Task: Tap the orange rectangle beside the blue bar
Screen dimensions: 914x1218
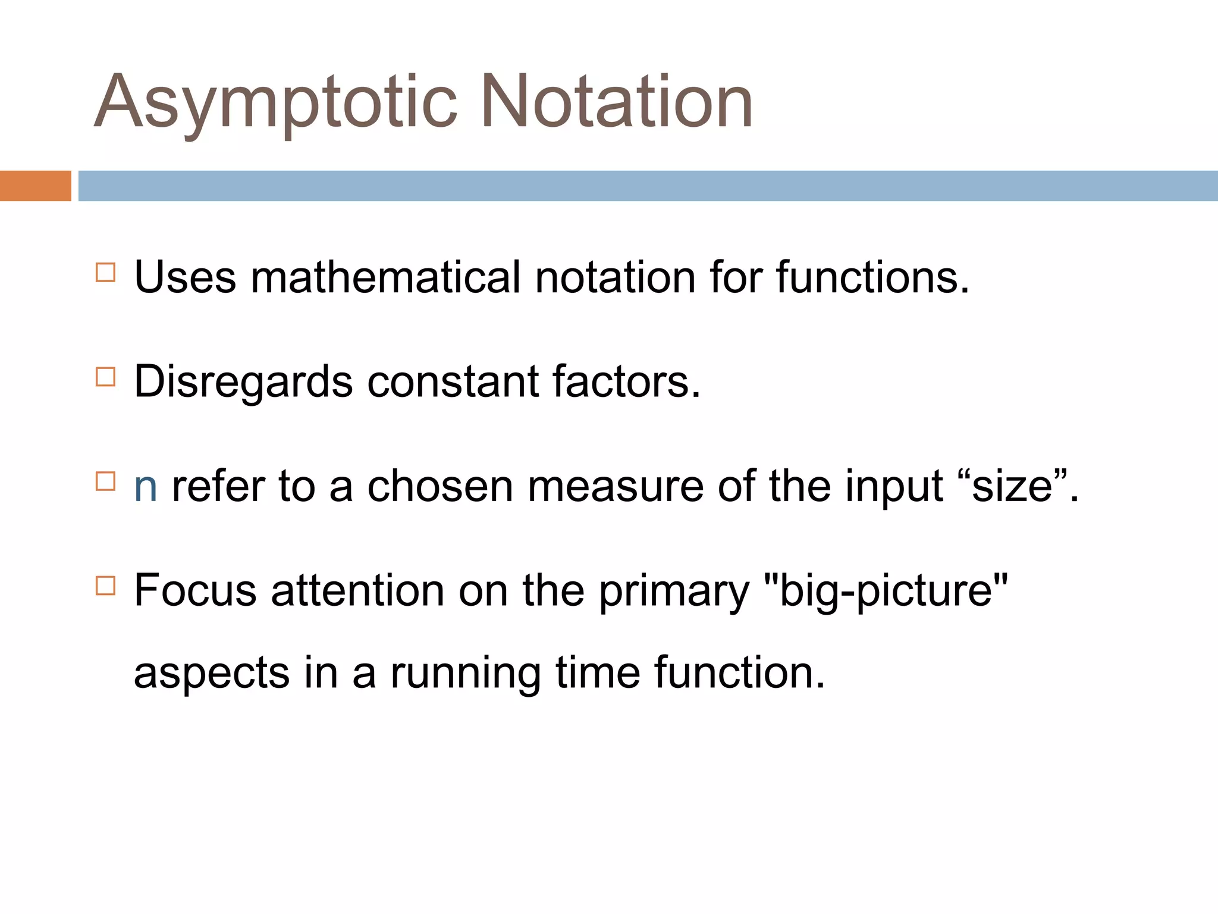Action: [x=35, y=186]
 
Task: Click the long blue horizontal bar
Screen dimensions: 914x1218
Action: [x=647, y=186]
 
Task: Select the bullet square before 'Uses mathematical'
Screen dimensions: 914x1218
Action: [x=105, y=273]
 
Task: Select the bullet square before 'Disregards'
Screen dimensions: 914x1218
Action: [x=105, y=377]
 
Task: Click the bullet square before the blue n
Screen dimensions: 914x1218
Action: [x=105, y=481]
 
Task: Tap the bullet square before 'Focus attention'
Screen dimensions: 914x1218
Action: [x=105, y=586]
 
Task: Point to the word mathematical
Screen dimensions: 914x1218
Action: [x=385, y=277]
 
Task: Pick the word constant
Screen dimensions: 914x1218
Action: [x=452, y=382]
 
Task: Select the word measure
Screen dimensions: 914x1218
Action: [x=615, y=487]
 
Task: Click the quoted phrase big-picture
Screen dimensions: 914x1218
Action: [x=885, y=591]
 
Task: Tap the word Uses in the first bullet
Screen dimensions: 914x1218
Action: [x=185, y=277]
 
